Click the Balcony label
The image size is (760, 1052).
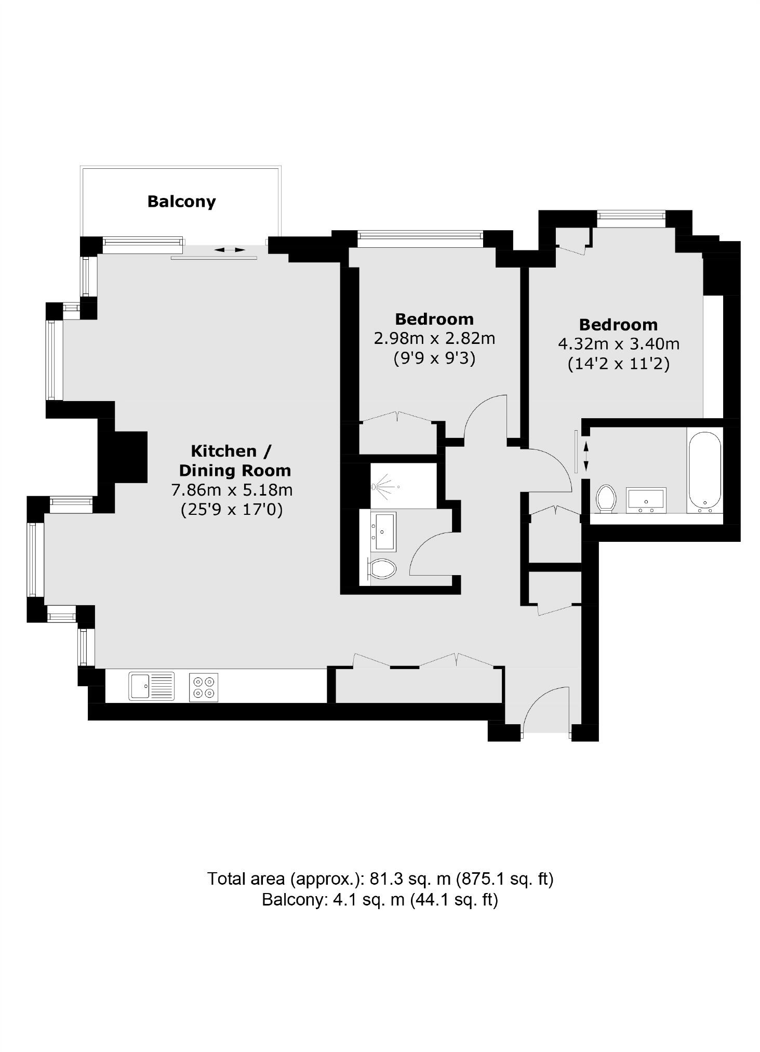click(181, 201)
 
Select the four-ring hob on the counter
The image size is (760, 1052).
click(203, 687)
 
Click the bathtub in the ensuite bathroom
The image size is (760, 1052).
click(704, 469)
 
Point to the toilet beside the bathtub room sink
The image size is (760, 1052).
click(606, 498)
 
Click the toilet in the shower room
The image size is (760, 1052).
click(383, 569)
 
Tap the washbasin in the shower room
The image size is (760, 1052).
click(382, 531)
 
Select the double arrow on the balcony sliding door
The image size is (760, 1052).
click(230, 250)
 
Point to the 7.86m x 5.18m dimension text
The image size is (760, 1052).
click(232, 490)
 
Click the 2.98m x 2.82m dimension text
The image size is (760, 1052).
click(434, 339)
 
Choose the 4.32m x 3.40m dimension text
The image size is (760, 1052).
click(618, 344)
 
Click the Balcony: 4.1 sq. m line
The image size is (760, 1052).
click(380, 899)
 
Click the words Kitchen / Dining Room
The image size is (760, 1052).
click(234, 460)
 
